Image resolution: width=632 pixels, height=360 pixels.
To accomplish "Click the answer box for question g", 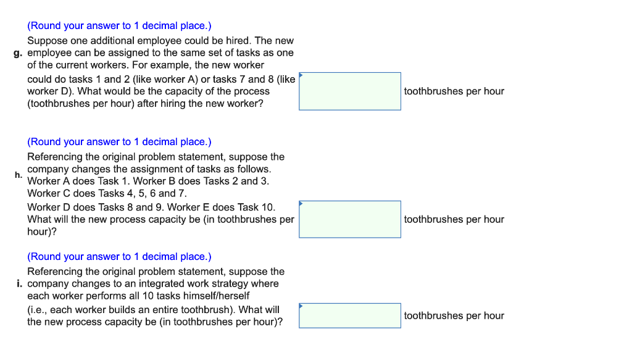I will click(349, 91).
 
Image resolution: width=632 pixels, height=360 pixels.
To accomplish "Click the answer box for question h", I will click(349, 219).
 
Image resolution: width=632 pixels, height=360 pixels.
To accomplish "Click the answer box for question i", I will click(349, 316).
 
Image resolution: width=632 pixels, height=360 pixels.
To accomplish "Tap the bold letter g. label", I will click(19, 53).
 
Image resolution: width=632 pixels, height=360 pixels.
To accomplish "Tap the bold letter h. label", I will click(19, 175).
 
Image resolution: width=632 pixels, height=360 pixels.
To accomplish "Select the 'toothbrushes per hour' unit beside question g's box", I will click(454, 91).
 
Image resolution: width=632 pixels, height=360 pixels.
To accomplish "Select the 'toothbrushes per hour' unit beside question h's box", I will click(454, 219).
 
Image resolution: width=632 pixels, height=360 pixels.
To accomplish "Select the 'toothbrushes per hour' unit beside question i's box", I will click(454, 316).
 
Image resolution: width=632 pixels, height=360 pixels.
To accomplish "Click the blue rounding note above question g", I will click(119, 26).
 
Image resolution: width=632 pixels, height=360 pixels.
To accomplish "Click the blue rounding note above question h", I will click(119, 142).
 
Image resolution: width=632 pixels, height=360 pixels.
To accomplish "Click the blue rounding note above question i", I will click(119, 257).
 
